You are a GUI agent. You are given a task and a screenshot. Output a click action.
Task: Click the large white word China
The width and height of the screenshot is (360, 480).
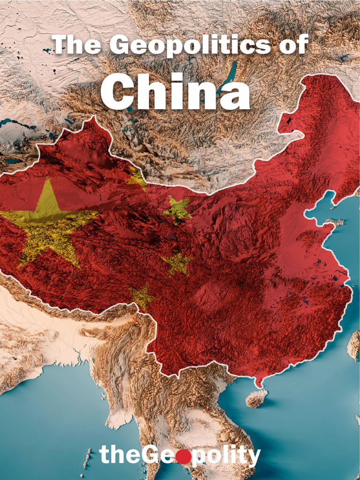tap(175, 92)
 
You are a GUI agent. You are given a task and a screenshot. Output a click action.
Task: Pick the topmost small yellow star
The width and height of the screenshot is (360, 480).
tap(136, 179)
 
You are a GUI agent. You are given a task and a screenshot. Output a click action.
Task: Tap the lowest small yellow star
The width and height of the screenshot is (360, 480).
tap(142, 296)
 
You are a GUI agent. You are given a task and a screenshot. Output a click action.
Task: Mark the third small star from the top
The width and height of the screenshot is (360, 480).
tap(177, 263)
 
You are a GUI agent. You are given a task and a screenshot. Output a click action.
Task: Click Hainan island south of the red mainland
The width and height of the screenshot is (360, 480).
tap(256, 398)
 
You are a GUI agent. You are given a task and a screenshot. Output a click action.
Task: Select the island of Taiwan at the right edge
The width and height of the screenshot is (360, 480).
tap(354, 345)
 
